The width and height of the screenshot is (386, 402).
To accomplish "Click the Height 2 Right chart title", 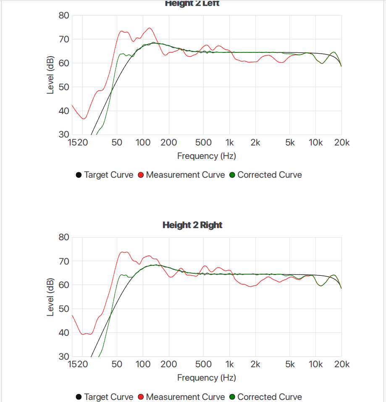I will point(192,225).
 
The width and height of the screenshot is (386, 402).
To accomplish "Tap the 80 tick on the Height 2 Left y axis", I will point(63,16).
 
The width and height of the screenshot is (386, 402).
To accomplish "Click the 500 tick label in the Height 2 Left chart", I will point(203,143).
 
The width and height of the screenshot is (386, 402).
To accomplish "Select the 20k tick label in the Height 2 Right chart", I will point(341,365).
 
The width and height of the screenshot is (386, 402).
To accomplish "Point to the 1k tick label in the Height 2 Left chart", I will point(229,143).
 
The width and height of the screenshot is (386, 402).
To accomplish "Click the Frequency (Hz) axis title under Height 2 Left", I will point(206,156).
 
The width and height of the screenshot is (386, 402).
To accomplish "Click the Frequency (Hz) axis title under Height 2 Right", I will point(206,378).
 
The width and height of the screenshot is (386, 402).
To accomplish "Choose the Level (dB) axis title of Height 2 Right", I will point(50,297).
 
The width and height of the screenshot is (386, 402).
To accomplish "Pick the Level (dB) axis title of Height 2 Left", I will point(50,75).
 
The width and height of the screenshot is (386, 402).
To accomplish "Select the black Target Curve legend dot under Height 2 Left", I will point(79,175).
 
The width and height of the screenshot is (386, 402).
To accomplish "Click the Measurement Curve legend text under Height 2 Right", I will point(185,397).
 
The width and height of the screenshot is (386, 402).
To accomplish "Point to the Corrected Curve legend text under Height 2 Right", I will point(269,397).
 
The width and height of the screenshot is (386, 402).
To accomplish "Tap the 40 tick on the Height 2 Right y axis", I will point(63,333).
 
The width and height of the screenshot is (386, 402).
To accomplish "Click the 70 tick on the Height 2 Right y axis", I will point(63,261).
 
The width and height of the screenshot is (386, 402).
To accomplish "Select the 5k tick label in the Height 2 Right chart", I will point(290,365).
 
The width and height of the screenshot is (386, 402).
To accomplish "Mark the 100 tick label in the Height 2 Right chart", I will point(143,365).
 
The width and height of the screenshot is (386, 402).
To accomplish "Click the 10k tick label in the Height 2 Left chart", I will point(315,143).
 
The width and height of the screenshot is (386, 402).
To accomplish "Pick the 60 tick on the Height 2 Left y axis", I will point(63,63).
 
